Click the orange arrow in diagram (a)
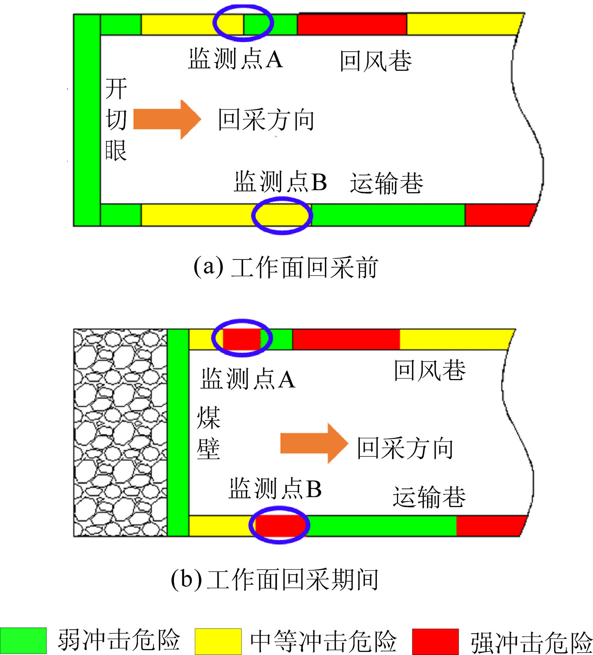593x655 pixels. (x=167, y=119)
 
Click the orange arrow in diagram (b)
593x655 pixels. (x=314, y=443)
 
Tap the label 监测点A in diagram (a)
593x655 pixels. (x=236, y=59)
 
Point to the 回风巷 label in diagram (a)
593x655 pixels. (x=376, y=61)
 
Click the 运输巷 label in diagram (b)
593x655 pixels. (x=429, y=497)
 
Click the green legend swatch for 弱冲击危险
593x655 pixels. (x=23, y=641)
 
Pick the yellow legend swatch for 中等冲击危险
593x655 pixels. (x=218, y=641)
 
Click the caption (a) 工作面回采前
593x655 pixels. (x=286, y=267)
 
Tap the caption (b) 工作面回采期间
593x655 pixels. (x=275, y=579)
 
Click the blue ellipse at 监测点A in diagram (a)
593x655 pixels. (x=243, y=23)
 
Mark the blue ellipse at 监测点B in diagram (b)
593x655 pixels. (x=279, y=525)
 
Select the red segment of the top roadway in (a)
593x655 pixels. (x=352, y=25)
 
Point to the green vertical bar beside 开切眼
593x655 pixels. (x=87, y=120)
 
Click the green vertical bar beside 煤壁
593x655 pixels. (x=178, y=432)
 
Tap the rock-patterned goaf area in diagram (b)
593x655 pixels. (x=121, y=432)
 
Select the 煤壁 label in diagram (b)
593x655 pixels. (x=208, y=433)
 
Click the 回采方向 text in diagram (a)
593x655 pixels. (x=266, y=120)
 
